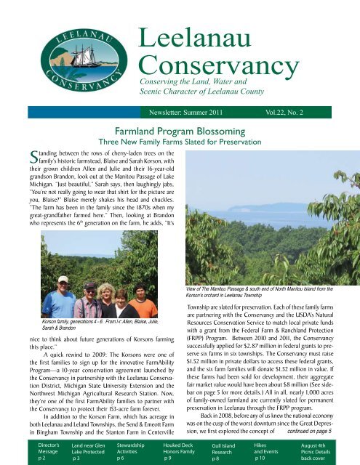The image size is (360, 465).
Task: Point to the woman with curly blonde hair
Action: pyautogui.click(x=107, y=298)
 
